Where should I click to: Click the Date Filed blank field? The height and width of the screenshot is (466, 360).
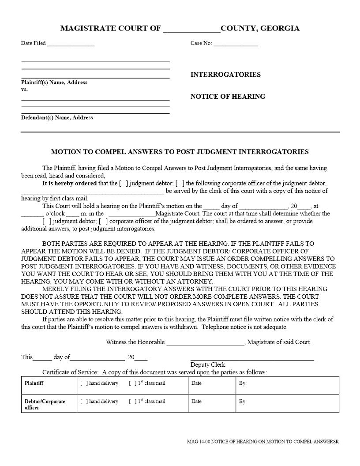pyautogui.click(x=71, y=44)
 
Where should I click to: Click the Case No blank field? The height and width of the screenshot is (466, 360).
pyautogui.click(x=236, y=44)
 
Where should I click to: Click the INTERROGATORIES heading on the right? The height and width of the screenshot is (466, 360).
pyautogui.click(x=225, y=75)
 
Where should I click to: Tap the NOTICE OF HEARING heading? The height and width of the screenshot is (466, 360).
pyautogui.click(x=228, y=97)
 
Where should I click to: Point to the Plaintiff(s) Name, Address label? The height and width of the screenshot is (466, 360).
pyautogui.click(x=54, y=83)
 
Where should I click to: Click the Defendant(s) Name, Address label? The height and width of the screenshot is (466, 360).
pyautogui.click(x=57, y=118)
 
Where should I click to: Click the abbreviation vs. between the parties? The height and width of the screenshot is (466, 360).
pyautogui.click(x=25, y=89)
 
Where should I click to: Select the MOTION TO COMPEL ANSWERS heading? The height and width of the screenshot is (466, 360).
pyautogui.click(x=180, y=152)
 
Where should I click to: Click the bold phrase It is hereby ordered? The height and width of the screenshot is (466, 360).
pyautogui.click(x=69, y=184)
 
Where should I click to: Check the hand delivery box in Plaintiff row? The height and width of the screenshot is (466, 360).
pyautogui.click(x=83, y=383)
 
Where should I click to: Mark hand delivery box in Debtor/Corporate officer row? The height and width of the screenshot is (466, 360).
pyautogui.click(x=83, y=402)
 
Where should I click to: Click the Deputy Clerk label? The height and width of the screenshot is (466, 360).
pyautogui.click(x=208, y=365)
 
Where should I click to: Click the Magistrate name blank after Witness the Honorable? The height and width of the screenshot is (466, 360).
pyautogui.click(x=205, y=342)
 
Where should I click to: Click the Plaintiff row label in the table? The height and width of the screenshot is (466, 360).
pyautogui.click(x=34, y=383)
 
